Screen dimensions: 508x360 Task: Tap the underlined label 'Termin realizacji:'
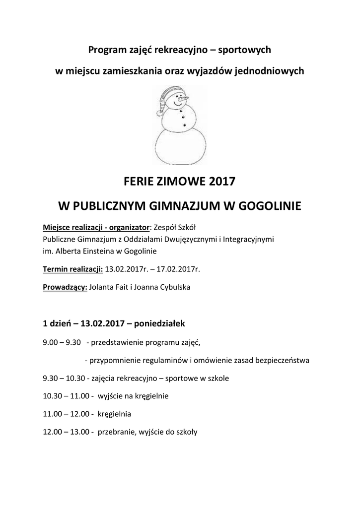73,269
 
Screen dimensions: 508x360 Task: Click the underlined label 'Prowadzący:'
65,287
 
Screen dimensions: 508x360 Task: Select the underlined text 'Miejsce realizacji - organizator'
96,228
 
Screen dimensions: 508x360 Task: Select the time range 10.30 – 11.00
66,396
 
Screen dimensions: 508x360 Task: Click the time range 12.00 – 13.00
66,432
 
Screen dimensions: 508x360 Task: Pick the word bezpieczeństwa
283,360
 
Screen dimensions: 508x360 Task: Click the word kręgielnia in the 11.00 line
115,414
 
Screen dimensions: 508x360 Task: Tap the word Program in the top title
106,50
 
